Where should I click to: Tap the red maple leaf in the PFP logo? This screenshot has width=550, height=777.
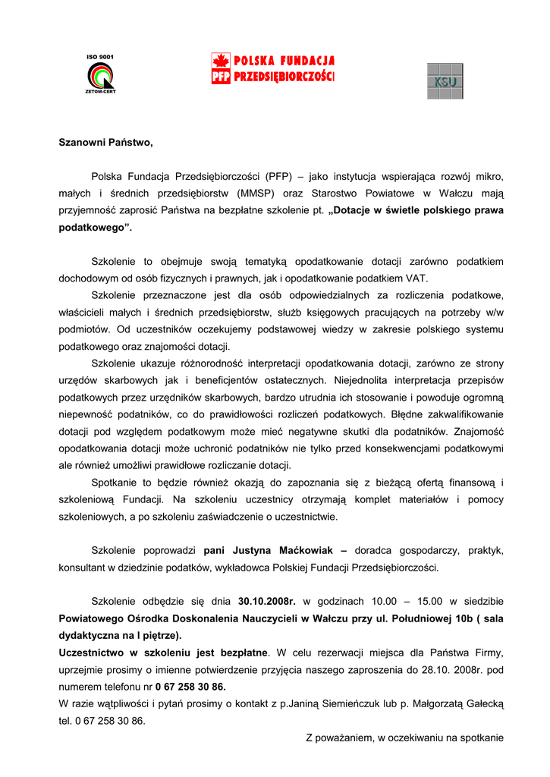click(x=220, y=61)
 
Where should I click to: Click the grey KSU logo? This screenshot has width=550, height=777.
click(x=445, y=81)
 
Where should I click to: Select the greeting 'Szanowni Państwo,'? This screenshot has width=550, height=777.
click(x=105, y=142)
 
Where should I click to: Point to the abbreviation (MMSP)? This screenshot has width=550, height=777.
click(x=258, y=193)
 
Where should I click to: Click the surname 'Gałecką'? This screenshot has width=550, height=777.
click(x=483, y=704)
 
